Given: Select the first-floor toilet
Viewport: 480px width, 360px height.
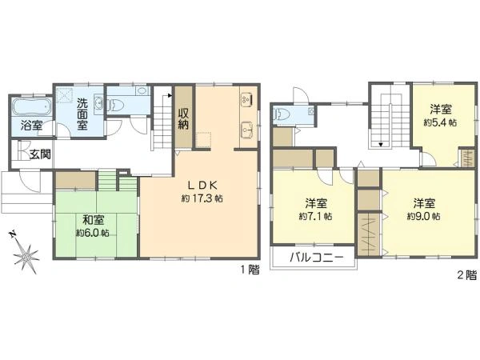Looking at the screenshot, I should (118, 102).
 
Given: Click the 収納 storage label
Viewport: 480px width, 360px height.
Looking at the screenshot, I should (183, 118).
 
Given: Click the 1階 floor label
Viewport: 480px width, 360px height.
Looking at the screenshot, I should (250, 270).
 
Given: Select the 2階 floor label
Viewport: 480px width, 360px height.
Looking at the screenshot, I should (466, 275).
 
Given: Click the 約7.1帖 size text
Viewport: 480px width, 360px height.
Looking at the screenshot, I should (315, 216).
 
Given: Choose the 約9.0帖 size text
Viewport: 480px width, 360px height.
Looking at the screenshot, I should (424, 216).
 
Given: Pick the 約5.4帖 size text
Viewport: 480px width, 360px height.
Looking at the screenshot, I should (440, 123).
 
